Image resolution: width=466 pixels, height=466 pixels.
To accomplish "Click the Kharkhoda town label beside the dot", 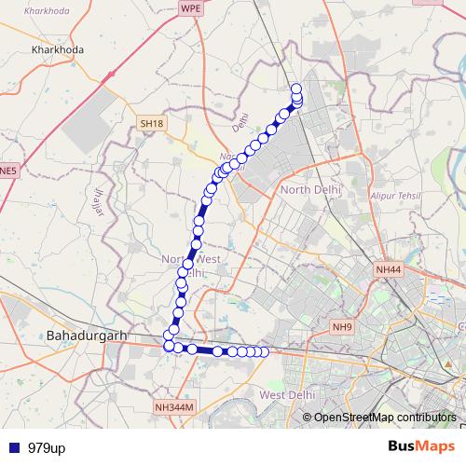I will pyautogui.click(x=58, y=50).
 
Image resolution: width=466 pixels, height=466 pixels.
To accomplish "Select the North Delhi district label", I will pyautogui.click(x=311, y=190).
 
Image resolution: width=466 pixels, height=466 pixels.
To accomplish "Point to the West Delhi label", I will pyautogui.click(x=284, y=396).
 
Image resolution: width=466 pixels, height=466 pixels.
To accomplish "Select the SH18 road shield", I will pyautogui.click(x=151, y=123).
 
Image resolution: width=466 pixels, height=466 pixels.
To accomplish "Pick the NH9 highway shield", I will pyautogui.click(x=342, y=327).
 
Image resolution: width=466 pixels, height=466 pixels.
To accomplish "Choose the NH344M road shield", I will pyautogui.click(x=173, y=407).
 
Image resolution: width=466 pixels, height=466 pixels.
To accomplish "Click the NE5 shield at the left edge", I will pyautogui.click(x=7, y=171).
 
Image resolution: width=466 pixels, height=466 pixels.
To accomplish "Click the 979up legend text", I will pyautogui.click(x=47, y=448).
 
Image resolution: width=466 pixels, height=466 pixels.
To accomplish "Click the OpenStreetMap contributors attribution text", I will pyautogui.click(x=384, y=417).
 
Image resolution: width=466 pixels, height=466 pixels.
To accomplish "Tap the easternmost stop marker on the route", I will pyautogui.click(x=264, y=351).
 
